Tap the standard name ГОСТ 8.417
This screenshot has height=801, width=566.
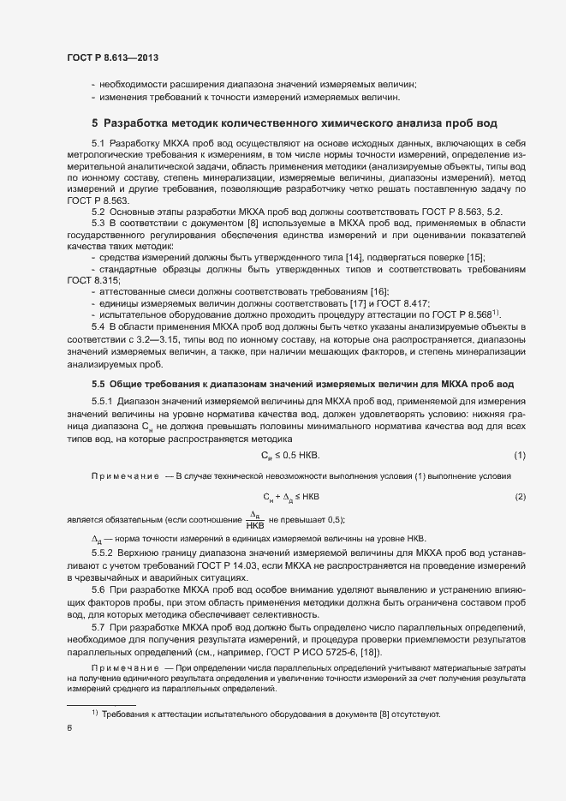[404, 303]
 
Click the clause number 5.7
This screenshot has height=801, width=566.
[98, 628]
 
